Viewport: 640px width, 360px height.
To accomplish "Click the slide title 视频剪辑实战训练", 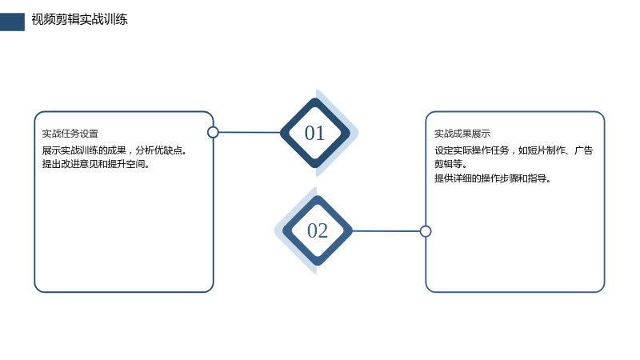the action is (x=79, y=19).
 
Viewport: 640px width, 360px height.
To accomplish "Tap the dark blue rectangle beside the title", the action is (x=12, y=22).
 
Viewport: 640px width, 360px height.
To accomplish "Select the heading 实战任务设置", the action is (x=70, y=134).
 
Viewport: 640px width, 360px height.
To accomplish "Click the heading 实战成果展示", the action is (x=462, y=134).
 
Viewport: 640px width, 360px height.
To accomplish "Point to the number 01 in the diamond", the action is (x=314, y=133).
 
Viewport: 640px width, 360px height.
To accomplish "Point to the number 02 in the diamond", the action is (x=318, y=230).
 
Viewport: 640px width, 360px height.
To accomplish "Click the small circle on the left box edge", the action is (x=213, y=132).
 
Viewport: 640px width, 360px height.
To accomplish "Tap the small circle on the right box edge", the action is (x=426, y=231).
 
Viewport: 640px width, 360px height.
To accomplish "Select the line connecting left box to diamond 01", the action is (x=250, y=132).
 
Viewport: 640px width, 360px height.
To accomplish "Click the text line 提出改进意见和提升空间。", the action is (x=96, y=164).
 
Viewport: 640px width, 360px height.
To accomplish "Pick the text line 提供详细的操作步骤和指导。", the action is (x=493, y=178).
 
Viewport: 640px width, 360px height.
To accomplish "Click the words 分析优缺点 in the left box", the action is (x=158, y=150).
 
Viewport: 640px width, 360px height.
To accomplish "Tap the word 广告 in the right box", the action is (x=584, y=150).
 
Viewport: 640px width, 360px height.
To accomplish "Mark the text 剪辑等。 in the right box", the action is (x=450, y=164).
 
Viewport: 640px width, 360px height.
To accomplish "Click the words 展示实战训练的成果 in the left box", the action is (x=84, y=150).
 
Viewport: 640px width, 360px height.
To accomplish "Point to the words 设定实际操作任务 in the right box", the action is (x=472, y=150).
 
